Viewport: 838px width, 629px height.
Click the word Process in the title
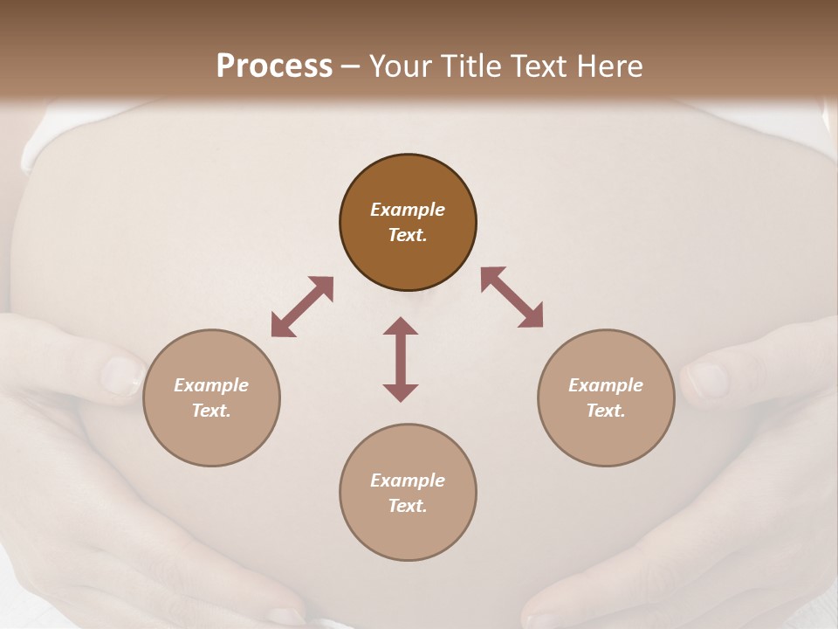(274, 66)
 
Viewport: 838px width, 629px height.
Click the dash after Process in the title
(351, 68)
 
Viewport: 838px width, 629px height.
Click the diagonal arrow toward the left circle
(302, 307)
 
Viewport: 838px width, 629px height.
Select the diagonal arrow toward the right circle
(512, 297)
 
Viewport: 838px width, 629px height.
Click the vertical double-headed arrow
(401, 359)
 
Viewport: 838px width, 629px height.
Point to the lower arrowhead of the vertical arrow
(401, 392)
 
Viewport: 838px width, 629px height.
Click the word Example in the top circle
(408, 210)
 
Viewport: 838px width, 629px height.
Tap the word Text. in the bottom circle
(408, 506)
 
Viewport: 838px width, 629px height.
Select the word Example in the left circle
(211, 385)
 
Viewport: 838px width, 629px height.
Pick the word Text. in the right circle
(606, 411)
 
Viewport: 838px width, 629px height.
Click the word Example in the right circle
(606, 385)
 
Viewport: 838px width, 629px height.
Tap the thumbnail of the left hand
(121, 377)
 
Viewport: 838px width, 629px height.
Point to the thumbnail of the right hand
(707, 380)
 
